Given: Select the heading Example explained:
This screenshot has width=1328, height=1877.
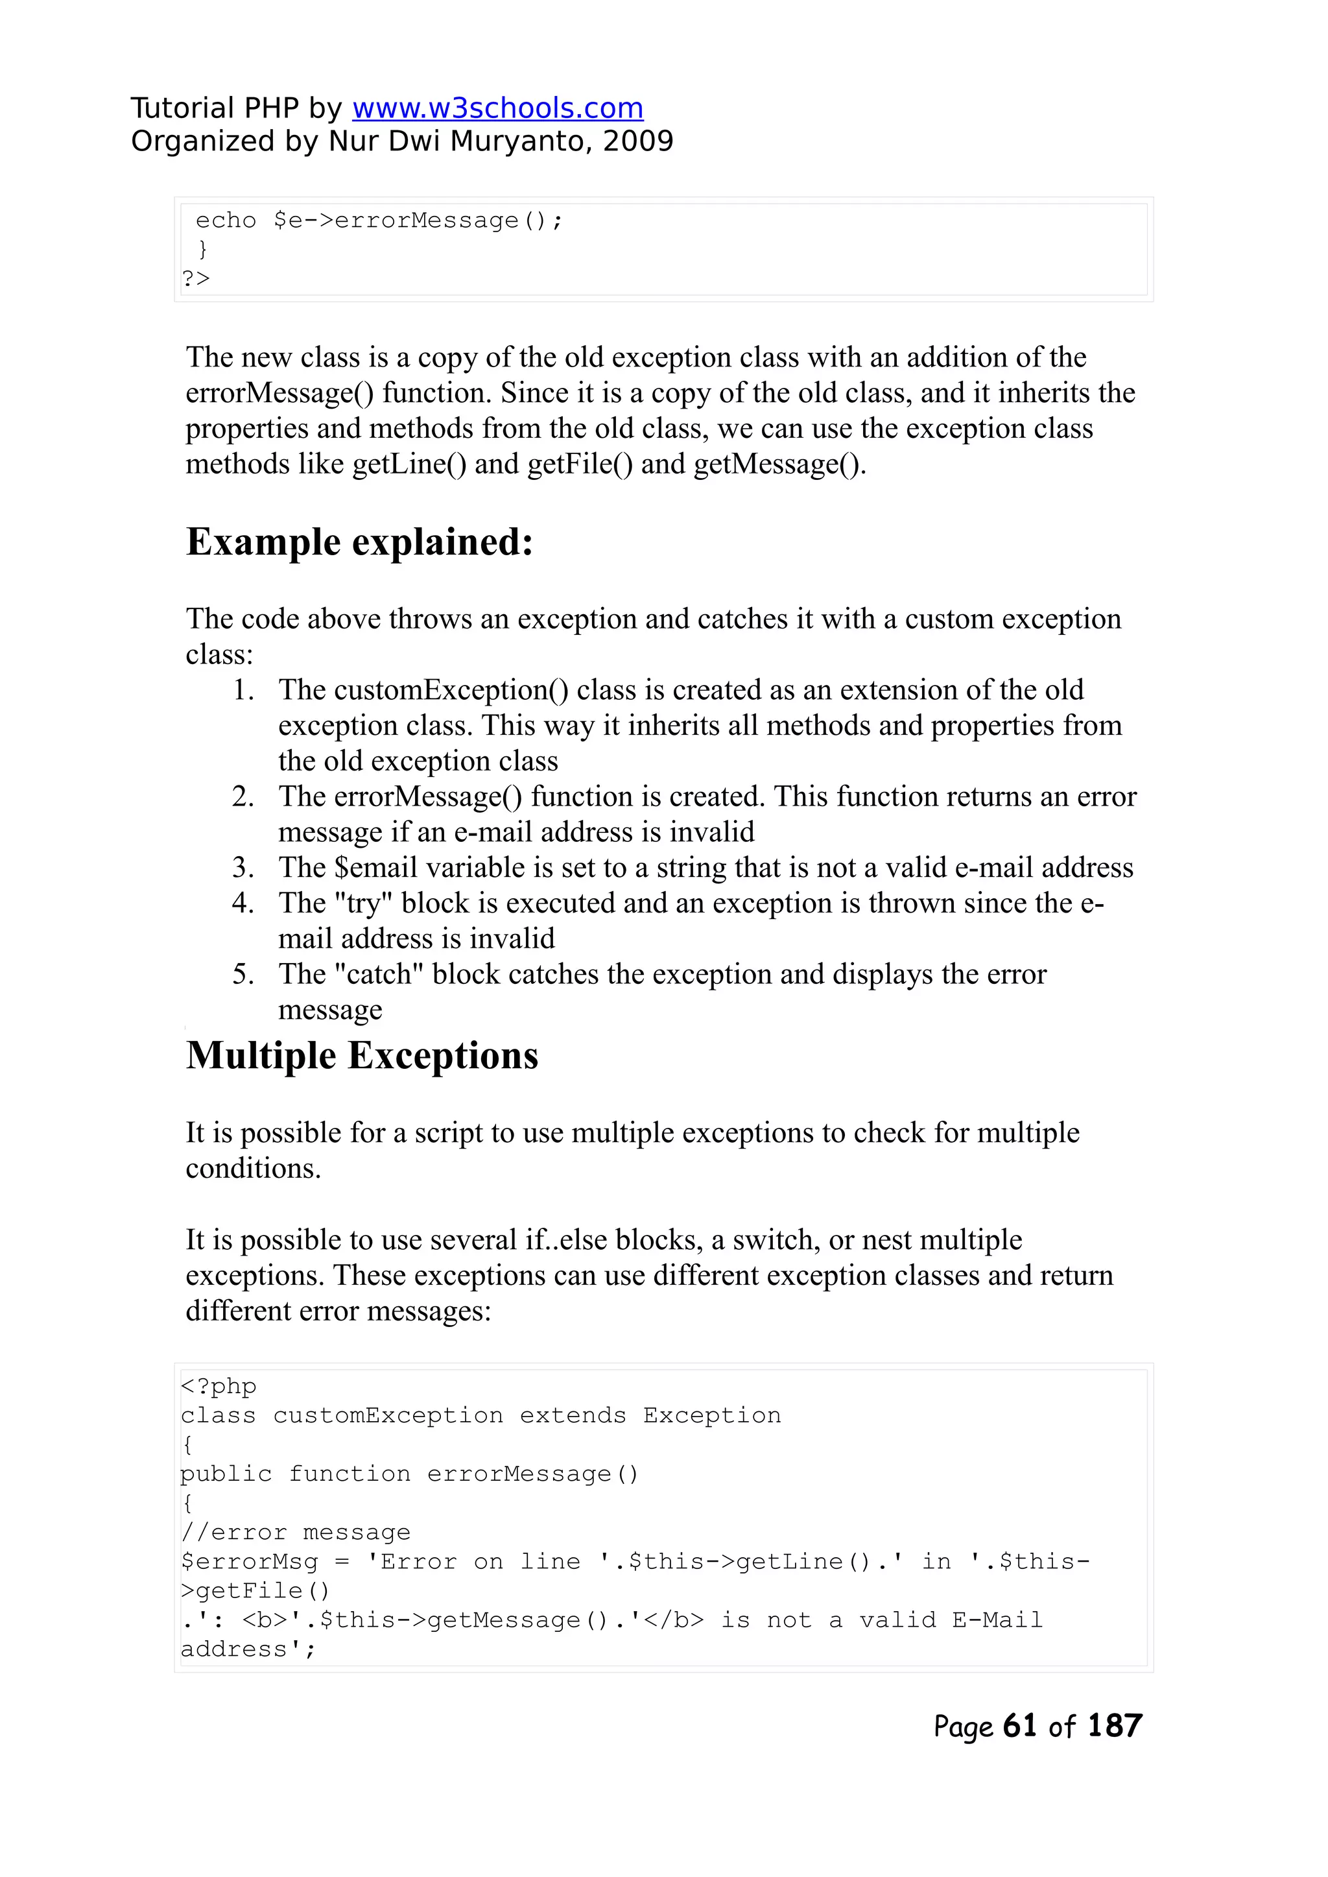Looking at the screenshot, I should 360,542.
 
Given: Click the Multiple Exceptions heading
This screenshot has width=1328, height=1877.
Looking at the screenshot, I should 361,1055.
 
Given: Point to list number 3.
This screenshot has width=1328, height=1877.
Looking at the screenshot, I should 243,867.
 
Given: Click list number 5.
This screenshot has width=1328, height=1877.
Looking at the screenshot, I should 243,974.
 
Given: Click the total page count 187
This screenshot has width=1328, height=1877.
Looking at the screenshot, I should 1114,1726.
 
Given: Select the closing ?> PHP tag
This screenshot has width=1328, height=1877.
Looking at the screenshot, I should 195,279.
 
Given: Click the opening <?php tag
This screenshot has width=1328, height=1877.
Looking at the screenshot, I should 219,1386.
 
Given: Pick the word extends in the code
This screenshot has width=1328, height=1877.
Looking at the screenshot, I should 573,1416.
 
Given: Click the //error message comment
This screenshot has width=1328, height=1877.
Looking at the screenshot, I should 295,1532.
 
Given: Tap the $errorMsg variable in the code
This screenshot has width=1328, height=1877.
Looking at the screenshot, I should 250,1561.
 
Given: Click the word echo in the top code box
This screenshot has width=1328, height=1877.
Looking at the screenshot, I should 226,221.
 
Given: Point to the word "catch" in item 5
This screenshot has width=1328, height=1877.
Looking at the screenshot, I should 379,974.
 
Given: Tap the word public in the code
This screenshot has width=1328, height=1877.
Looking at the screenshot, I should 226,1474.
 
